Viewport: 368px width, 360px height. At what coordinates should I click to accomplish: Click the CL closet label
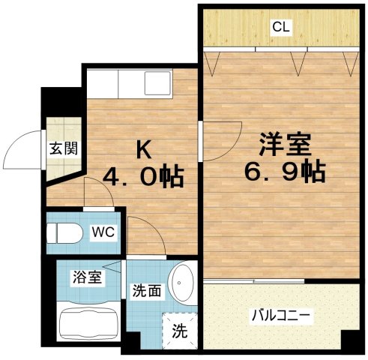[281, 28]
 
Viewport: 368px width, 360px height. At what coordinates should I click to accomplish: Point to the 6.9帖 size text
[286, 172]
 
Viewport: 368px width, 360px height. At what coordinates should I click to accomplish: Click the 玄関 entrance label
[58, 148]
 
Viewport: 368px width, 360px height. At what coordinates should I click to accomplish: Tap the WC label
[103, 232]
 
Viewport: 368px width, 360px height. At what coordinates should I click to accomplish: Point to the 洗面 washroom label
[145, 290]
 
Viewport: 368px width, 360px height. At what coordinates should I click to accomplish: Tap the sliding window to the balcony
[253, 280]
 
